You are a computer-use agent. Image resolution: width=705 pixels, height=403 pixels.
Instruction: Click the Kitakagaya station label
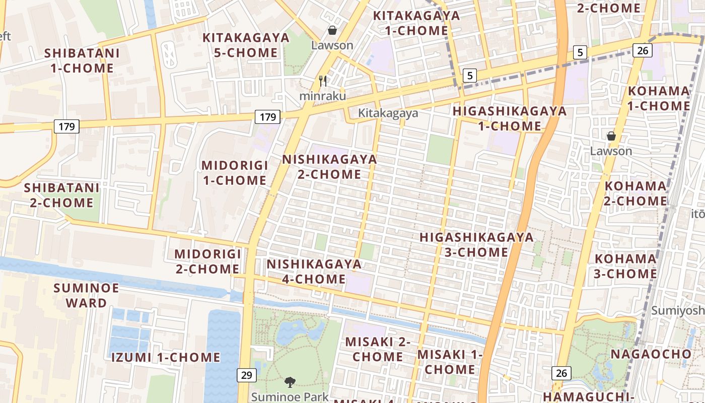[x=388, y=113]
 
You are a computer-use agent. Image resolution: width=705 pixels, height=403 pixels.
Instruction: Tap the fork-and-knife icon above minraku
[x=323, y=81]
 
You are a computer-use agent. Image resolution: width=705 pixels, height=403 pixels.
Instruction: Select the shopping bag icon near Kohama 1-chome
[x=611, y=136]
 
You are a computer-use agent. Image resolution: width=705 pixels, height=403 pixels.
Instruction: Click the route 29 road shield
[x=246, y=375]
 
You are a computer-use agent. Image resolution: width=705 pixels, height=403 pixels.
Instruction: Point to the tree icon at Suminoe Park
[x=290, y=382]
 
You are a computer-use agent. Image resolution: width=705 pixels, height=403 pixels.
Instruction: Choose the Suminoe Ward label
[x=87, y=295]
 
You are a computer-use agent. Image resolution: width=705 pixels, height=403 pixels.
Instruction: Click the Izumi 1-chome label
[x=166, y=358]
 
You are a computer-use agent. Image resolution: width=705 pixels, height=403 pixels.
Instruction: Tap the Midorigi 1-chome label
[x=234, y=173]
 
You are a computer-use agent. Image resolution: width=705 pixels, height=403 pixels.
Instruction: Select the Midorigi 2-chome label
[x=207, y=261]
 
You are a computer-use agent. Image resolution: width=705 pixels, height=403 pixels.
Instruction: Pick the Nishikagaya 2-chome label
[x=329, y=167]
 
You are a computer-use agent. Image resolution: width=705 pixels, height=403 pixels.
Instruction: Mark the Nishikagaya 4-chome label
[x=314, y=272]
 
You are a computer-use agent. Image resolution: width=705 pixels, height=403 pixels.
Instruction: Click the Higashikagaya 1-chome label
[x=509, y=118]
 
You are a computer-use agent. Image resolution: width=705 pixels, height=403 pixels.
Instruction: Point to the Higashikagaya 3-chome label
[x=476, y=244]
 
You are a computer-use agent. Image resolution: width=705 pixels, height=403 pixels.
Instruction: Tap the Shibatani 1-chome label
[x=82, y=60]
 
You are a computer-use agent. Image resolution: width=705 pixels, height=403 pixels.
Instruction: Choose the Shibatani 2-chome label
[x=61, y=195]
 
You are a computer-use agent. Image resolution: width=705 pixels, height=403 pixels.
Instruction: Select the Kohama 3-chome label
[x=625, y=266]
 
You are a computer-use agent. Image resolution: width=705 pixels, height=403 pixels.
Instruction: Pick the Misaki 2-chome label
[x=378, y=349]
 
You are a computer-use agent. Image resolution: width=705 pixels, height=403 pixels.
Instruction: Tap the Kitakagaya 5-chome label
[x=246, y=45]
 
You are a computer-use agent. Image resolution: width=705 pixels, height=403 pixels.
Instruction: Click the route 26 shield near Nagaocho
[x=561, y=373]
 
